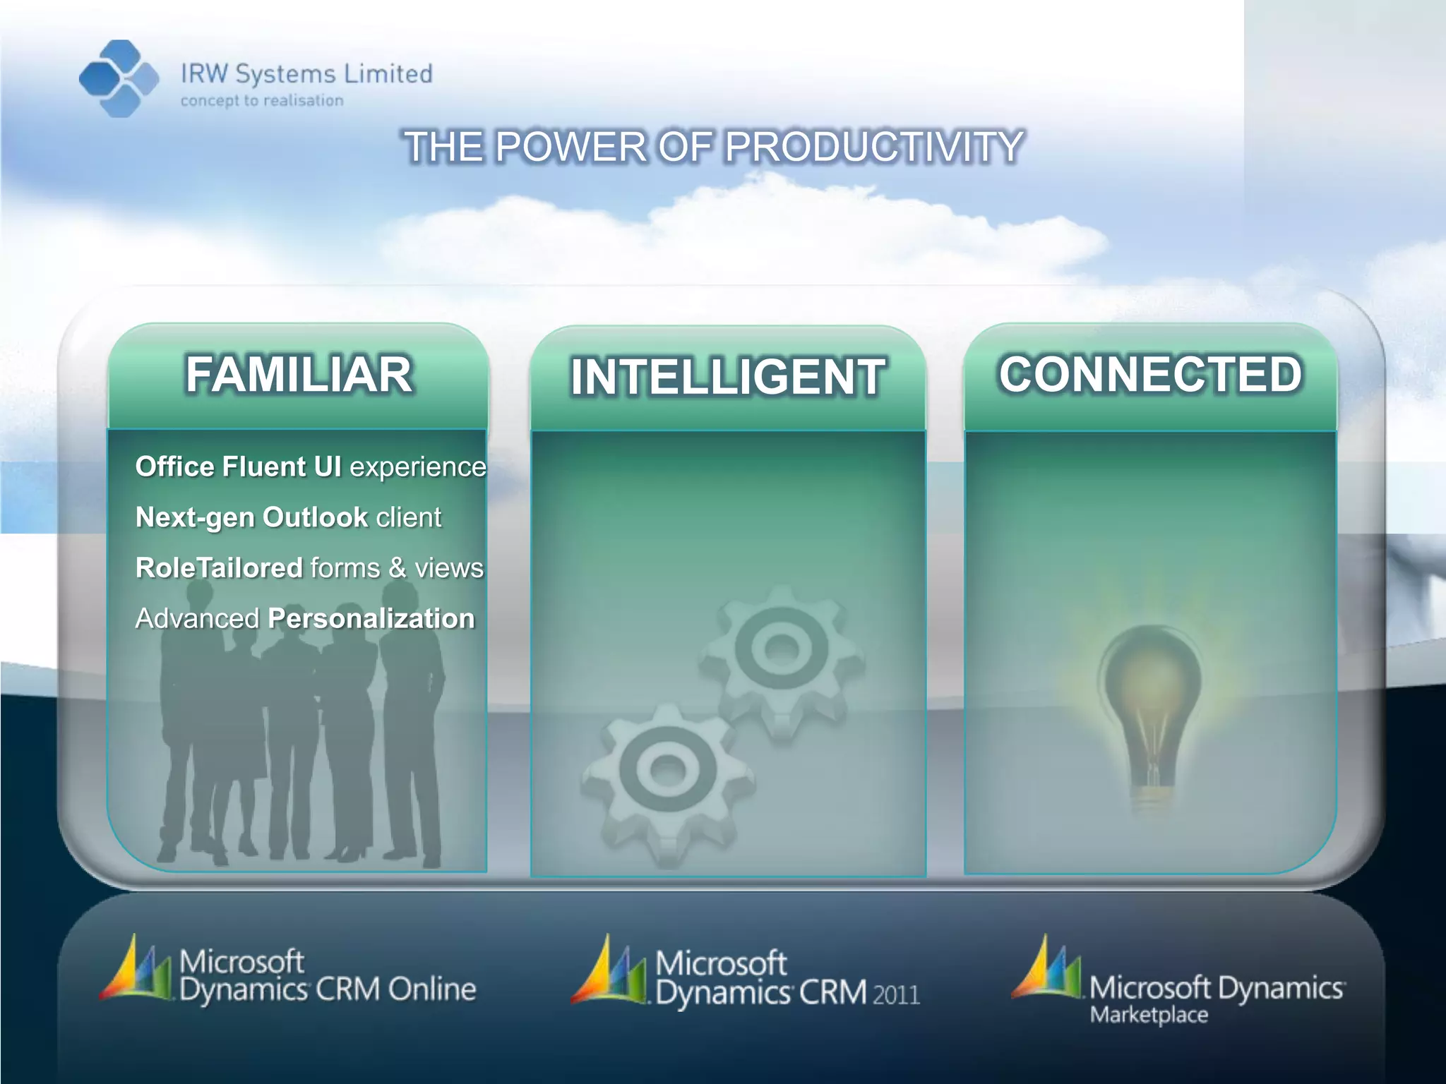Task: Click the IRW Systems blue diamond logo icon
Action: (x=119, y=78)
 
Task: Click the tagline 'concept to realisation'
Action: (x=262, y=101)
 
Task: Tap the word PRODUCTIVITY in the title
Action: (x=874, y=147)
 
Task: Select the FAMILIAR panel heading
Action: (x=299, y=374)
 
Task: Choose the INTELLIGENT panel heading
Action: (x=727, y=377)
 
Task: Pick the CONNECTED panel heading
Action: (x=1150, y=374)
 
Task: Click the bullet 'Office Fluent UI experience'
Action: (x=311, y=467)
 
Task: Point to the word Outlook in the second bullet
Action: (x=315, y=517)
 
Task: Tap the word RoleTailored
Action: (x=219, y=568)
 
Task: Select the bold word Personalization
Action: (x=371, y=619)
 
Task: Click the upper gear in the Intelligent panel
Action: (x=781, y=656)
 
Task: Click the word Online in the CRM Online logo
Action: (x=431, y=989)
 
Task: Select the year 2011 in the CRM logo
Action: (x=896, y=995)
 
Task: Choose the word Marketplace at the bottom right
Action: (x=1149, y=1016)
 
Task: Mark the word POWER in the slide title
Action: (x=570, y=147)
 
